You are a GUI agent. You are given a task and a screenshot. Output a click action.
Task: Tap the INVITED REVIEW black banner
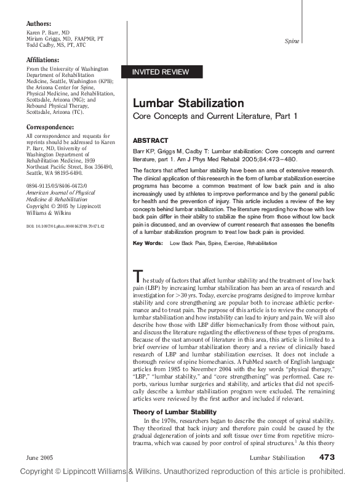click(x=161, y=72)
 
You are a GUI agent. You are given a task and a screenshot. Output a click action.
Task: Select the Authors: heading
click(x=43, y=23)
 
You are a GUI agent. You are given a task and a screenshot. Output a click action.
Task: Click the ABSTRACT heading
click(x=150, y=140)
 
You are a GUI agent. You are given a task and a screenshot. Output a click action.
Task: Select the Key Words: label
click(x=148, y=243)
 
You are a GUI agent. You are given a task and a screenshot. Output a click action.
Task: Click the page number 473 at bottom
click(x=327, y=457)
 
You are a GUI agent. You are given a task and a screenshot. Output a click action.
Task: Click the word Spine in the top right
click(x=292, y=41)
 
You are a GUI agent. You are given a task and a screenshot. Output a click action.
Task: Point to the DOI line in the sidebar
click(x=65, y=227)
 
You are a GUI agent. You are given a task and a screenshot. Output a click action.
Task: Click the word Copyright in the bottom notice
click(x=44, y=471)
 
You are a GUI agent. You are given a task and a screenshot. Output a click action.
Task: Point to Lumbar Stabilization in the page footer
click(x=277, y=458)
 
